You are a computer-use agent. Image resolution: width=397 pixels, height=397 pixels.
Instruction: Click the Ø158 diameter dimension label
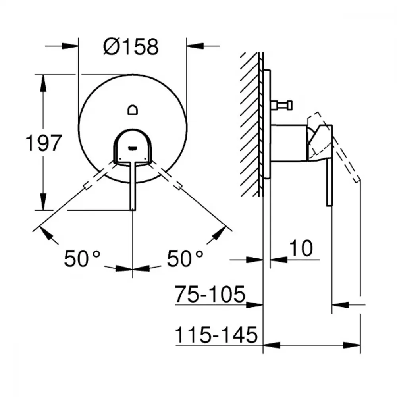[x=131, y=46]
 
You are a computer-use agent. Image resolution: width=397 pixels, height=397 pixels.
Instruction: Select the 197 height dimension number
[x=44, y=143]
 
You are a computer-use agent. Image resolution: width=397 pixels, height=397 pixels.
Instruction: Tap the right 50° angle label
[x=185, y=258]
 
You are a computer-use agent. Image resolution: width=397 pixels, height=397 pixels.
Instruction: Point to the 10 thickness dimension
[x=301, y=248]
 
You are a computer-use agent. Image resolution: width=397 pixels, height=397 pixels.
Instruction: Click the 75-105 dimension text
[x=210, y=294]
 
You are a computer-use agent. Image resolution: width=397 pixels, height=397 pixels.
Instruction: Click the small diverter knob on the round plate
[x=133, y=110]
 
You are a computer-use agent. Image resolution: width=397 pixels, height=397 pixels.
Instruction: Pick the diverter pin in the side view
[x=281, y=105]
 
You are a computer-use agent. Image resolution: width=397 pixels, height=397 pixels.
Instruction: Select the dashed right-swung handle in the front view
[x=166, y=175]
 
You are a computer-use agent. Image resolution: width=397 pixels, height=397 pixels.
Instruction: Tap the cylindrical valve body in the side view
[x=289, y=143]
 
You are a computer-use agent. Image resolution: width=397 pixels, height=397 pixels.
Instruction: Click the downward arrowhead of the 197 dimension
[x=43, y=202]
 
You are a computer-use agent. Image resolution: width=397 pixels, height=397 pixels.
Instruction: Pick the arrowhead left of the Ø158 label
[x=70, y=46]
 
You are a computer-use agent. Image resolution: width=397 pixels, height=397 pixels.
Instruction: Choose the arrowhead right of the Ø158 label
[x=195, y=46]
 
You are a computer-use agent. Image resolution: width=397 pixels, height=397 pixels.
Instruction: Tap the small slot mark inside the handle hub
[x=133, y=148]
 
